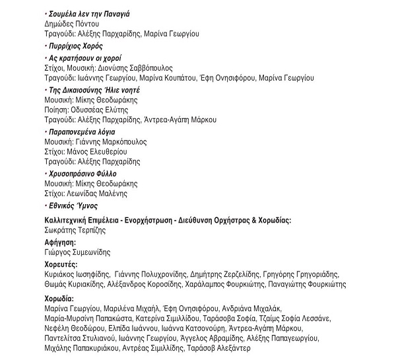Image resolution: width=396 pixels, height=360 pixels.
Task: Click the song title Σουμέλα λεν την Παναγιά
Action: pyautogui.click(x=88, y=13)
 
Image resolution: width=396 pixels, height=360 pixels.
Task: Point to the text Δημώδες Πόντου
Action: pyautogui.click(x=68, y=23)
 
